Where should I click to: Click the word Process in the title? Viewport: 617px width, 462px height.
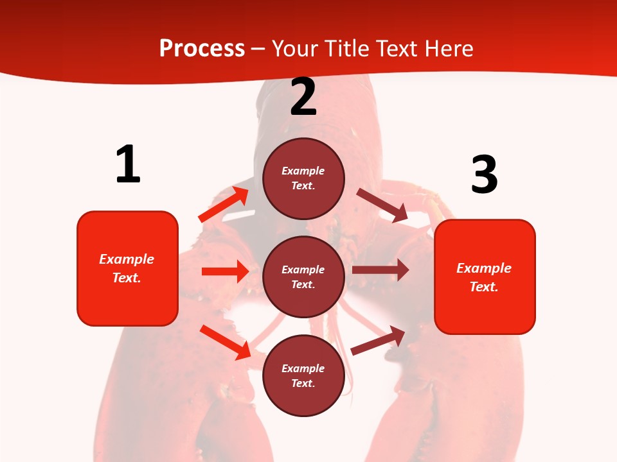coord(202,48)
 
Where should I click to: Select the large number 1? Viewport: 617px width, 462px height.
coord(128,165)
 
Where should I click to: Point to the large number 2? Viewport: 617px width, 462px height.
coord(303,98)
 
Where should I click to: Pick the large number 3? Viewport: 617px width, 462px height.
coord(484,175)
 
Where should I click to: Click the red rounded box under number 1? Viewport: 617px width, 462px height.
coord(127,268)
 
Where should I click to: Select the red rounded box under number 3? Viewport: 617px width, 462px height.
coord(485,277)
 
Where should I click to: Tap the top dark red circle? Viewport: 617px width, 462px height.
coord(303,178)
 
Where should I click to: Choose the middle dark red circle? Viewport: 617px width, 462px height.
coord(303,277)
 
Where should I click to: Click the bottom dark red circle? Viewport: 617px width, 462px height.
coord(303,375)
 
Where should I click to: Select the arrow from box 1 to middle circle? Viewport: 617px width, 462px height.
coord(225,271)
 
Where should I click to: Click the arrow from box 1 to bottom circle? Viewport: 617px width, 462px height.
coord(226,342)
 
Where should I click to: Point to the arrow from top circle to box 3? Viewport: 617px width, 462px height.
coord(382,205)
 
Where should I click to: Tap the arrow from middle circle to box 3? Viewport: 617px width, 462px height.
coord(380,270)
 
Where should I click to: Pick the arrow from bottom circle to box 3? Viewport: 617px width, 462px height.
coord(379,340)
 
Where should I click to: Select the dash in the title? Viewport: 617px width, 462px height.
coord(258,49)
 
